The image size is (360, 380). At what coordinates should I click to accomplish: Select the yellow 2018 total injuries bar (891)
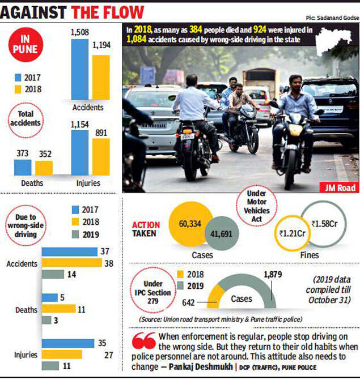[x=100, y=156]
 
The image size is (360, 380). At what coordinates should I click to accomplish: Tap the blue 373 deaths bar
[x=23, y=167]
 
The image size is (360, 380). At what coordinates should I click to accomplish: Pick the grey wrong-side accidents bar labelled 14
[x=53, y=274]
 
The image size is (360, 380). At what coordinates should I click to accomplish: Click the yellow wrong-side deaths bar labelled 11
[x=58, y=309]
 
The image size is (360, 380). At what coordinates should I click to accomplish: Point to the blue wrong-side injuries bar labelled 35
[x=68, y=343]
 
